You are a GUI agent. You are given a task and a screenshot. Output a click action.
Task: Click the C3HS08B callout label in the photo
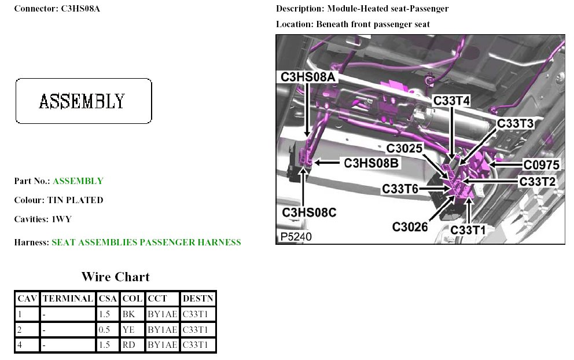pyautogui.click(x=371, y=163)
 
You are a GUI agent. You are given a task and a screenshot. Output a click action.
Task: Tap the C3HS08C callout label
pyautogui.click(x=309, y=212)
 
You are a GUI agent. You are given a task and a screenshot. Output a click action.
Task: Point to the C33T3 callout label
pyautogui.click(x=515, y=123)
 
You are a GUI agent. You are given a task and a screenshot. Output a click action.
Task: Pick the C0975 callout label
pyautogui.click(x=542, y=164)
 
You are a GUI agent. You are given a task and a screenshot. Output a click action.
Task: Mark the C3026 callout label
pyautogui.click(x=410, y=227)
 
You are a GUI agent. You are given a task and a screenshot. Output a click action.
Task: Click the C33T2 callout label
pyautogui.click(x=538, y=181)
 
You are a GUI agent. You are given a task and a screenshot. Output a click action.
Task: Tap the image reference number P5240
pyautogui.click(x=297, y=237)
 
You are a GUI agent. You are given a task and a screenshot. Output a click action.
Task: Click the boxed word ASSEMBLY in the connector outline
pyautogui.click(x=82, y=101)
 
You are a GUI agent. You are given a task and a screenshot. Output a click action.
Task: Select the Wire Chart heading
pyautogui.click(x=115, y=277)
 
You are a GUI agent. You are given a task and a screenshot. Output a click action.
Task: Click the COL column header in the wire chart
pyautogui.click(x=133, y=299)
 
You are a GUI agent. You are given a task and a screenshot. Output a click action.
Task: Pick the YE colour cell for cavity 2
pyautogui.click(x=128, y=330)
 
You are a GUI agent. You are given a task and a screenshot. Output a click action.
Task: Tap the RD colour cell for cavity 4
pyautogui.click(x=128, y=346)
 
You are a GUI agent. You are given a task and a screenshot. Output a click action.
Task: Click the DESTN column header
pyautogui.click(x=198, y=299)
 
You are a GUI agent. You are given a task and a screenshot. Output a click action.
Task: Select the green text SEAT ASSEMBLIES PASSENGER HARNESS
pyautogui.click(x=146, y=243)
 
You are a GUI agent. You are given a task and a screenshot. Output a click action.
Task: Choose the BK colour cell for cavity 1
pyautogui.click(x=128, y=314)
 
